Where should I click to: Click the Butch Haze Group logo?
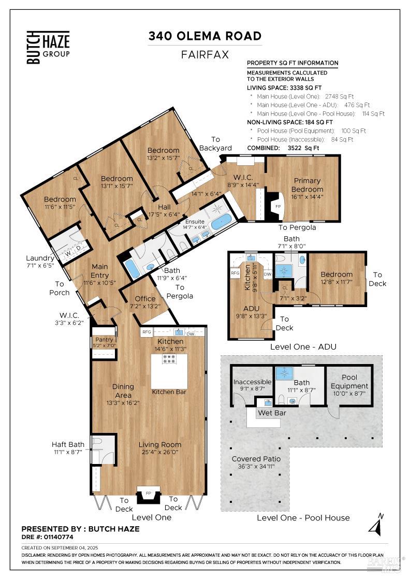pos(48,47)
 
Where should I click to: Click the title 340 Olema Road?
pos(204,36)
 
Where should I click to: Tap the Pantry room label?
pos(104,340)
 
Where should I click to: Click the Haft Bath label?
pos(68,444)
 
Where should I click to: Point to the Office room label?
pos(145,298)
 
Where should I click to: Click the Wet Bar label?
pos(271,413)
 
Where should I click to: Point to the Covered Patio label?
pos(256,459)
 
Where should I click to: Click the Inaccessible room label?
pos(252,382)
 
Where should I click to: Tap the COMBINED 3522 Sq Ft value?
pos(303,148)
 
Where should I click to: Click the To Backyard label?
pos(215,144)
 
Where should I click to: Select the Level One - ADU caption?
pos(303,346)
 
